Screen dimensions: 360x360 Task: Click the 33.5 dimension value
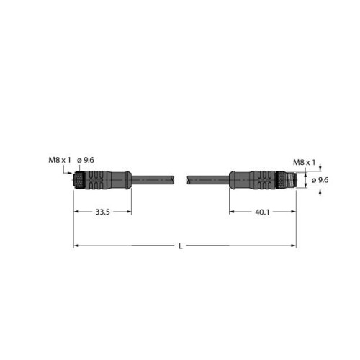(103, 212)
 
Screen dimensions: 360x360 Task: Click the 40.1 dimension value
(263, 212)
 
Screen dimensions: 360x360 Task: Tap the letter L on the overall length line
(180, 246)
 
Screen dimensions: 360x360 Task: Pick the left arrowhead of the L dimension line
(76, 246)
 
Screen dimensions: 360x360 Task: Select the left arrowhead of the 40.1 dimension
(233, 212)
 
